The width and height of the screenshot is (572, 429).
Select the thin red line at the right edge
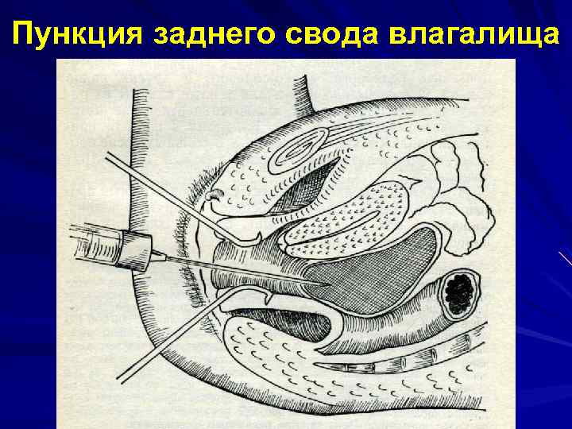coord(566,259)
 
